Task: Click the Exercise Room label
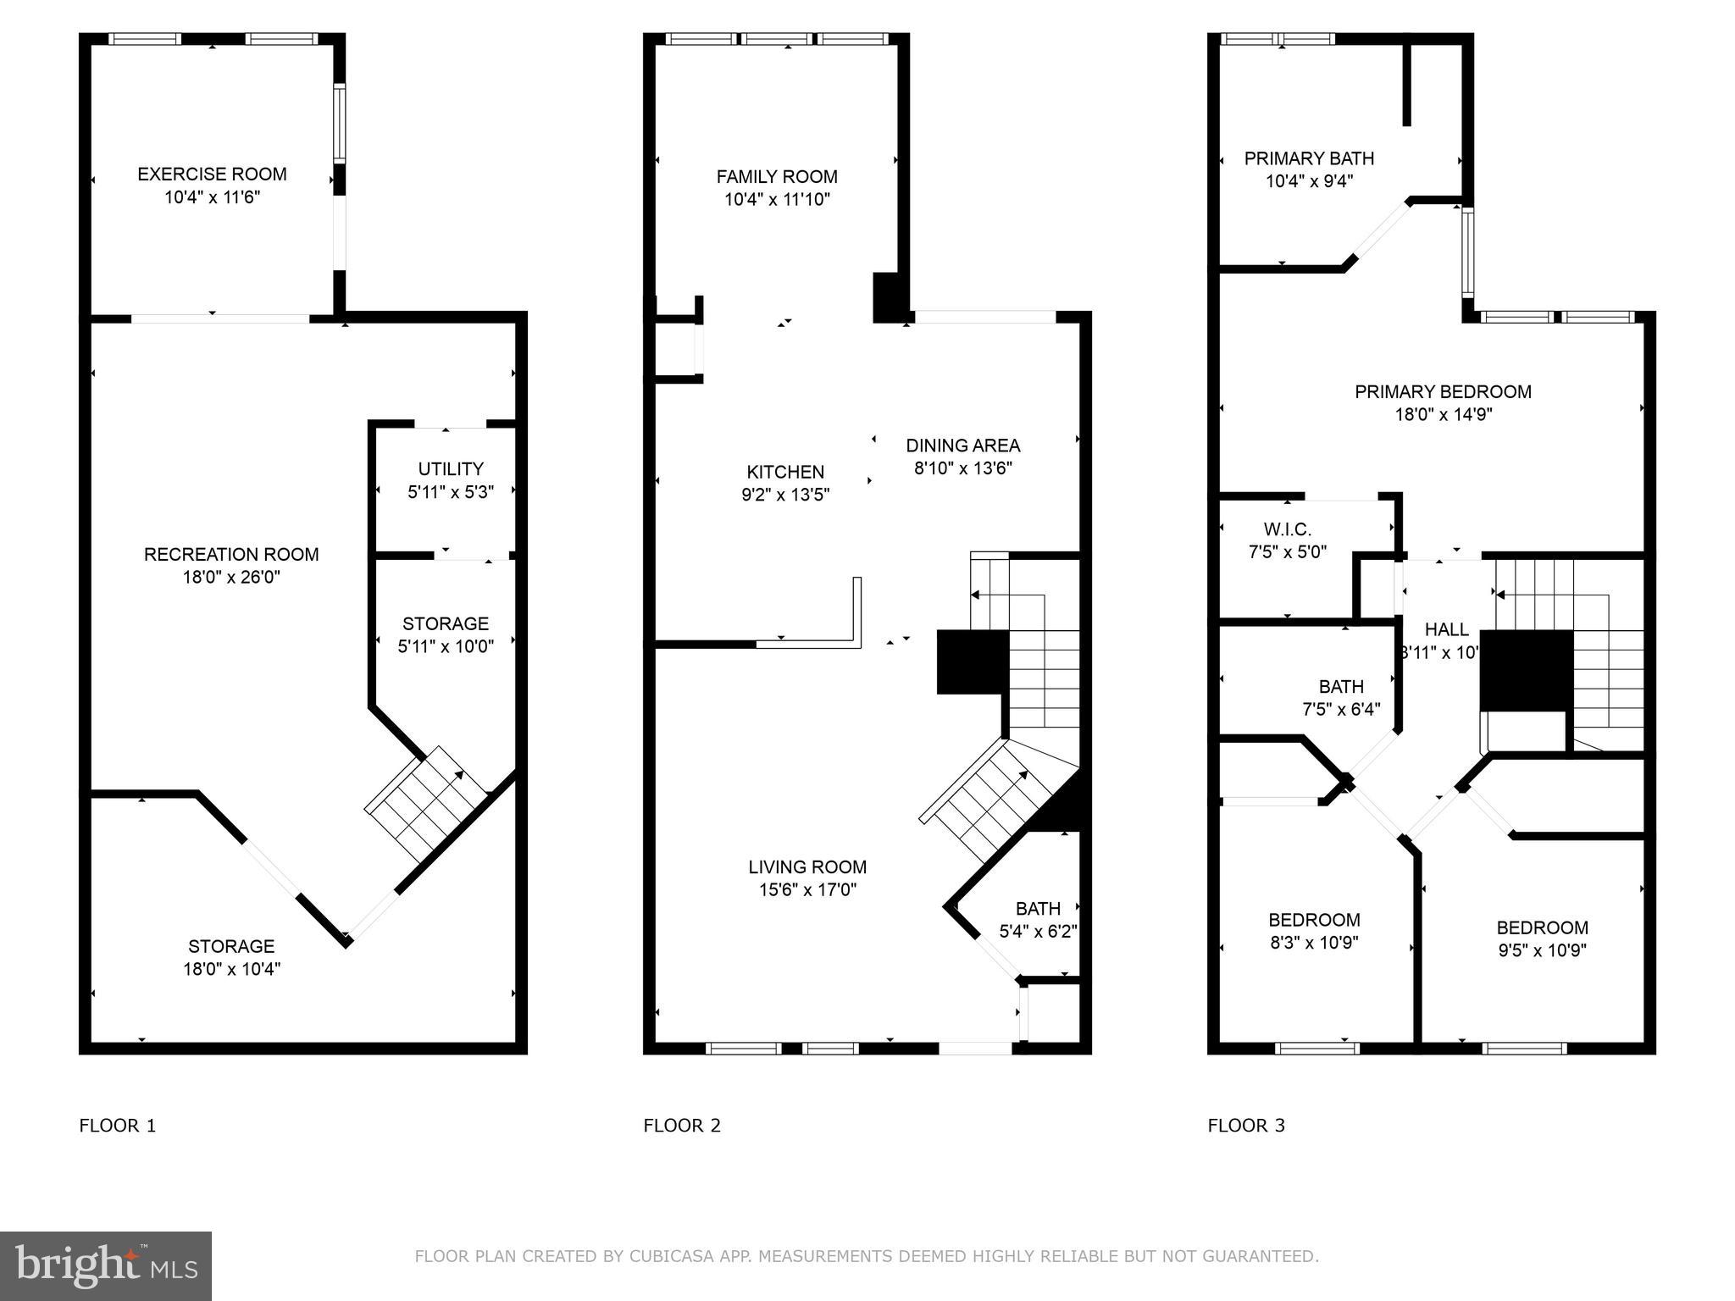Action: point(212,174)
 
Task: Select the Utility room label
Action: point(451,469)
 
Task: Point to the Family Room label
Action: point(777,177)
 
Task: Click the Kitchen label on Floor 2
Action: point(785,473)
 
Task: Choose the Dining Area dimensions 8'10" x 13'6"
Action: point(963,468)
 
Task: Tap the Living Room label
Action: point(807,867)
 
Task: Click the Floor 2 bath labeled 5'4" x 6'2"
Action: point(1038,920)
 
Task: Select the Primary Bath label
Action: point(1309,158)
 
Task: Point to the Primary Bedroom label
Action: point(1443,392)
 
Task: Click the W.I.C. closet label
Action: point(1288,530)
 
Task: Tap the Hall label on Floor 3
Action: point(1446,630)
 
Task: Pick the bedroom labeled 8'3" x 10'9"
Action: point(1314,931)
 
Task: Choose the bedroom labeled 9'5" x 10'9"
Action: point(1542,938)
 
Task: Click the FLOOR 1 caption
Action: point(118,1126)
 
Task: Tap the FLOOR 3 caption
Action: point(1246,1126)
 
